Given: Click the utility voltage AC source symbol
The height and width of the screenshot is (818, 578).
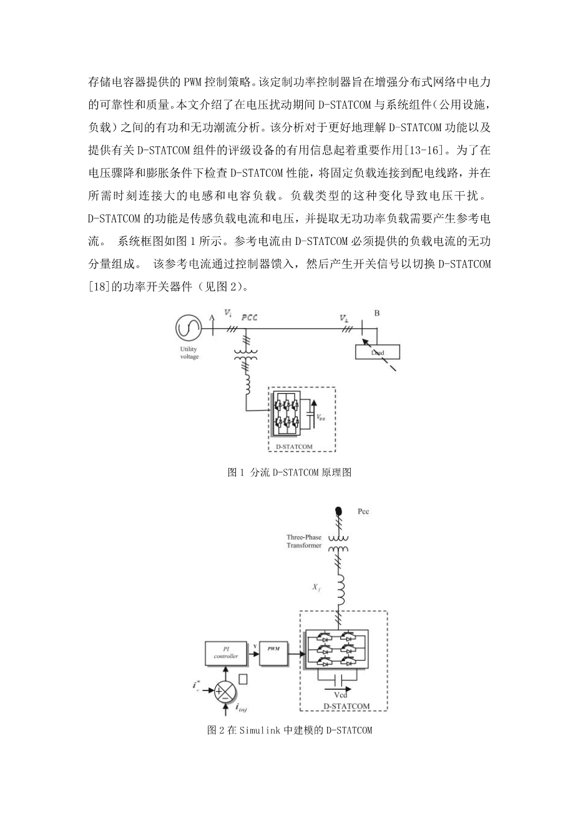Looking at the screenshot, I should click(187, 326).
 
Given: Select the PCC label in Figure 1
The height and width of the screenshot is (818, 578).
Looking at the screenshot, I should click(249, 317).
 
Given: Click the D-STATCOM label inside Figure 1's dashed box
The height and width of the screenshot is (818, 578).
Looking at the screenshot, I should click(293, 446).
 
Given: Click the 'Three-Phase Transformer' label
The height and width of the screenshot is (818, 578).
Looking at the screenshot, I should click(305, 541).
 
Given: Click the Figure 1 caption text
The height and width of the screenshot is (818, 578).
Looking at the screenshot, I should click(290, 472).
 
